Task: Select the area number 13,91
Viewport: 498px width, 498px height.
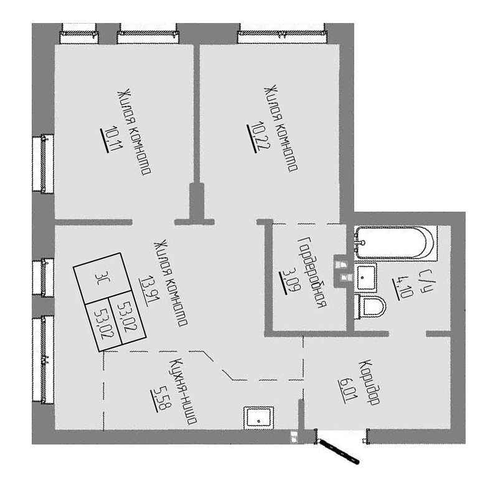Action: click(x=146, y=290)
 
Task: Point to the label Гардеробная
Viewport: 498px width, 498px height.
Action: click(x=312, y=272)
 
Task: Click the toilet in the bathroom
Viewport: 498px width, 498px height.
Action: click(x=370, y=307)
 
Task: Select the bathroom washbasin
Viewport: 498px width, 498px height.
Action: click(x=365, y=277)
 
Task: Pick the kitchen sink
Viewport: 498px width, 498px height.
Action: click(x=258, y=418)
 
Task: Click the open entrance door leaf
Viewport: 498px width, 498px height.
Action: click(x=339, y=451)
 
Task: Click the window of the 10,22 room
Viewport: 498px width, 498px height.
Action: click(x=282, y=33)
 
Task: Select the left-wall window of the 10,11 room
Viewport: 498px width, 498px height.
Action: click(x=43, y=164)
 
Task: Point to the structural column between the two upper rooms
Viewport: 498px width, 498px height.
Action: click(x=197, y=202)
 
